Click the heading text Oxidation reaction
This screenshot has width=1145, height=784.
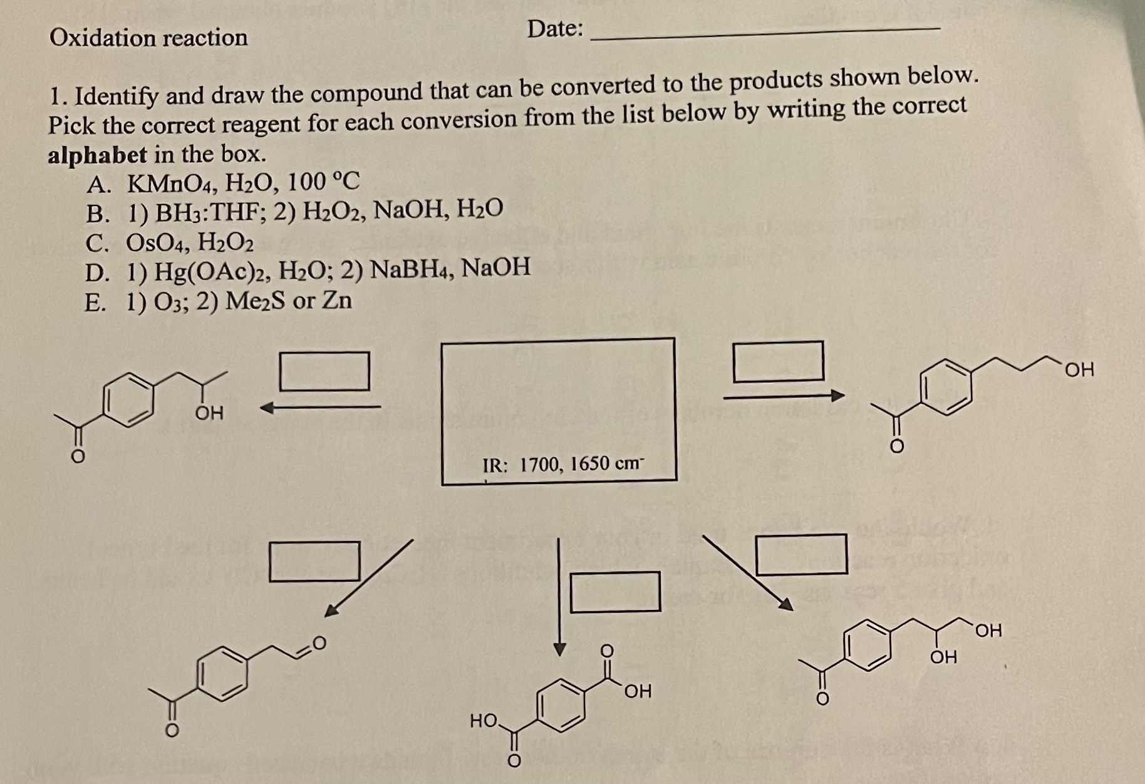(148, 38)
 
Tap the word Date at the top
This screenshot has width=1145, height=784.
(555, 29)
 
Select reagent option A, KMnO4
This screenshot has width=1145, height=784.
(224, 183)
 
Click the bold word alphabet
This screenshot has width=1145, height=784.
(98, 155)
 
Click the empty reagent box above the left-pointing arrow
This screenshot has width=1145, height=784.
(324, 371)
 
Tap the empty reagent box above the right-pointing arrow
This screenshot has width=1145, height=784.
(778, 361)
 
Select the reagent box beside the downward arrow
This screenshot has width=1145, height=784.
(615, 592)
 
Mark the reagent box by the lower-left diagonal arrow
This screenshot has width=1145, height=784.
(314, 562)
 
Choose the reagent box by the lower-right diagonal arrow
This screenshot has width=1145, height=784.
(801, 554)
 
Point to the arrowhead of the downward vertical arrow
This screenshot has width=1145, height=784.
(560, 649)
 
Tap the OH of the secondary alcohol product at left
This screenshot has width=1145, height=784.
(209, 413)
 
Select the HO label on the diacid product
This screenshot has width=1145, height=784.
(484, 721)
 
